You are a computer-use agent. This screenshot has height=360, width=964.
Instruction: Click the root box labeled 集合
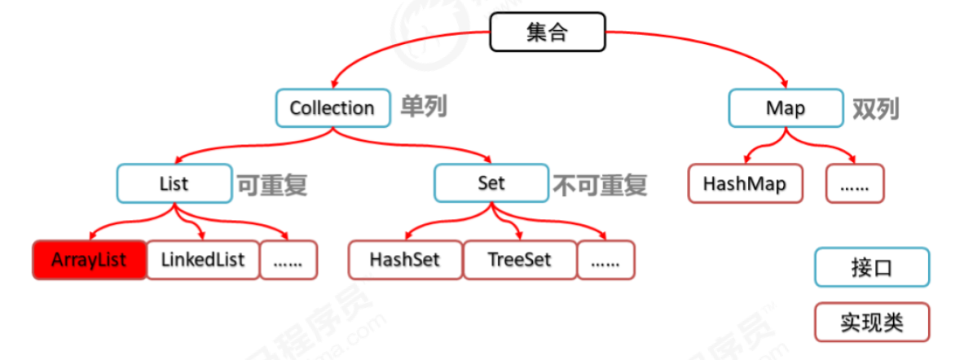coord(547,33)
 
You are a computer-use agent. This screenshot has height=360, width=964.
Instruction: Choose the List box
coord(174,182)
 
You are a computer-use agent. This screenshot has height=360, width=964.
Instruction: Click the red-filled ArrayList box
coord(89,260)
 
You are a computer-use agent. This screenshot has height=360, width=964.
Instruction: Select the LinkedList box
coord(203,260)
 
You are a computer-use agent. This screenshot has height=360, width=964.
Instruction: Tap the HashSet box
coord(405,260)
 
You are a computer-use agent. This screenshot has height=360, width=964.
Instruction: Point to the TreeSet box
coord(519,260)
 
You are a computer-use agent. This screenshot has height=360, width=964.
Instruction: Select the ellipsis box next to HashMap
coord(854,183)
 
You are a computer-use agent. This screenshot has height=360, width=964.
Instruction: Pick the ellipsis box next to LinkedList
coord(288,260)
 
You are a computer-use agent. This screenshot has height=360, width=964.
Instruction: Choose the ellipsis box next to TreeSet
coord(605,260)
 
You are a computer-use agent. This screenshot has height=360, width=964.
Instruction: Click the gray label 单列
coord(423,107)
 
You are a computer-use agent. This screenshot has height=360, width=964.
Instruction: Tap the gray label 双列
coord(875,108)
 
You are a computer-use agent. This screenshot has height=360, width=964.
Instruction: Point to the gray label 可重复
coord(272,184)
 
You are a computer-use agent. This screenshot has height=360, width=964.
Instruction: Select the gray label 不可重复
coord(600,184)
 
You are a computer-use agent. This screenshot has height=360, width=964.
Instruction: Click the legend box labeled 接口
coord(871,267)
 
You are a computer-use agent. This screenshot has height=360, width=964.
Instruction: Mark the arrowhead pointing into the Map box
coord(784,83)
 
